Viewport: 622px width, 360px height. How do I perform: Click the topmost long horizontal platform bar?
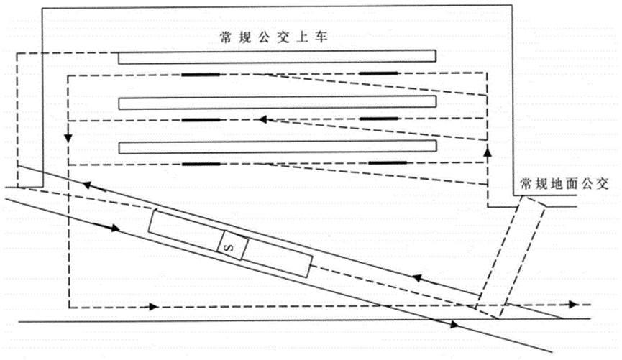(x=278, y=57)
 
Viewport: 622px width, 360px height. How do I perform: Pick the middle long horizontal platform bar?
(x=278, y=102)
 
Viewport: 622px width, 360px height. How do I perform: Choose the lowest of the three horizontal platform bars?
(x=278, y=147)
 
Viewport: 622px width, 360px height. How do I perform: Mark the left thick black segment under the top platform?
(x=201, y=74)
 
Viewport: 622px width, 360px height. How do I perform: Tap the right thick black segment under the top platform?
(x=378, y=74)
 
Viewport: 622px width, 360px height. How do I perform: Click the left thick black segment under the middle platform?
(x=201, y=119)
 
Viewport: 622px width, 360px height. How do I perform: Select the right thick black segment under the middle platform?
(x=378, y=119)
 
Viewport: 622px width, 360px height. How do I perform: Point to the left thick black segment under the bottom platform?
(x=201, y=164)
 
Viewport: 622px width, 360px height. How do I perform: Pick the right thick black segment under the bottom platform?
(x=388, y=164)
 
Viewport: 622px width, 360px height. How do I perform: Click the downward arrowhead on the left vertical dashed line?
(x=67, y=136)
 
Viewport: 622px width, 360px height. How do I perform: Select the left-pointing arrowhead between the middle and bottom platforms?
(x=263, y=119)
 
